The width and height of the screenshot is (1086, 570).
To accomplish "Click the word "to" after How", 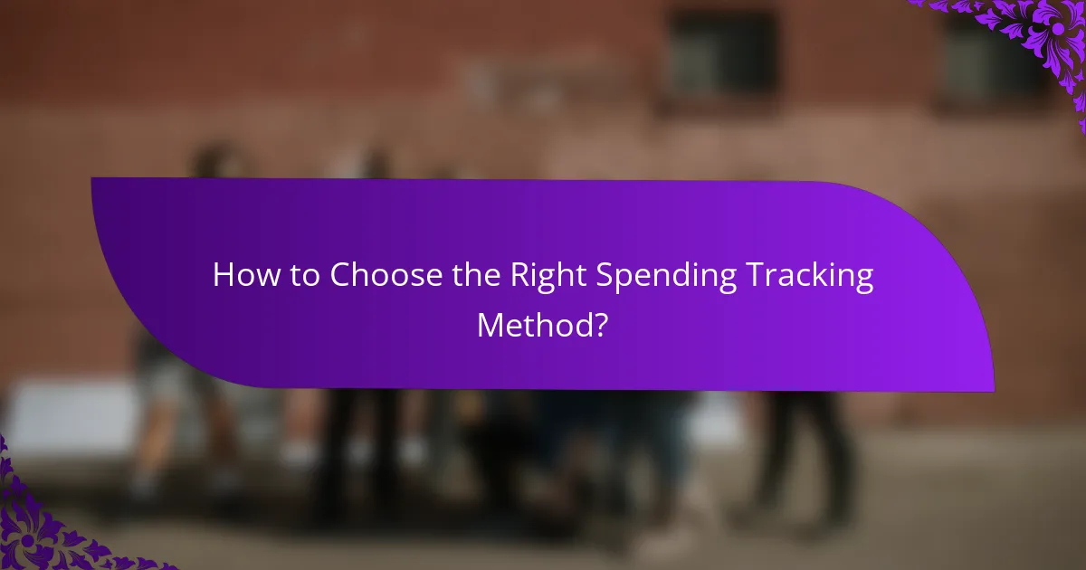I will click(301, 276).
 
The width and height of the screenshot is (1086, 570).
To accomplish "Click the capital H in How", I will click(223, 276).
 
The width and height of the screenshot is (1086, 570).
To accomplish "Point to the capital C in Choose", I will click(340, 276).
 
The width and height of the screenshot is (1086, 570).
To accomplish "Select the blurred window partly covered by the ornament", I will click(986, 59).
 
